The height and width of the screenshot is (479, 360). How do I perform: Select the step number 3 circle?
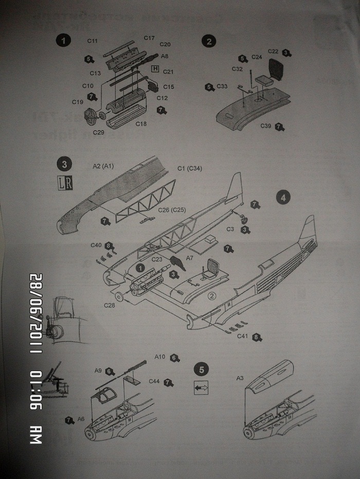click(64, 164)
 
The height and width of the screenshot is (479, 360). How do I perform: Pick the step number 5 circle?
click(202, 369)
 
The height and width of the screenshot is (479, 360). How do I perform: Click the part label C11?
click(93, 41)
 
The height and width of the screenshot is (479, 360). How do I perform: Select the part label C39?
click(266, 126)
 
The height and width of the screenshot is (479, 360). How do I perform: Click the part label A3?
click(240, 378)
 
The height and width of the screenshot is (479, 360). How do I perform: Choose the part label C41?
click(244, 336)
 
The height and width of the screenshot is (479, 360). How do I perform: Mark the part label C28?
click(110, 305)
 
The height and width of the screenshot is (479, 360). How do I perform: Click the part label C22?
click(274, 51)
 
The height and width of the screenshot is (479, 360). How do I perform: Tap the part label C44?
click(154, 381)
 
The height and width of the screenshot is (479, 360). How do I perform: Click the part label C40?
click(96, 245)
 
